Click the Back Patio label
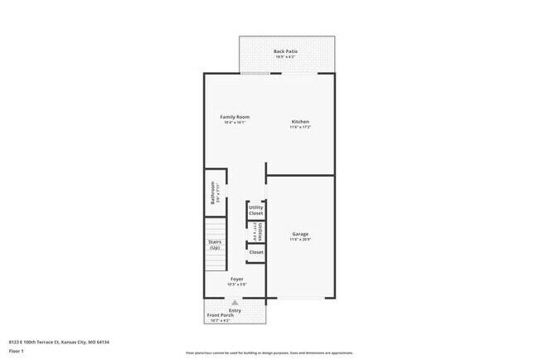click(285, 51)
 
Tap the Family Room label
click(235, 117)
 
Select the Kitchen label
click(300, 122)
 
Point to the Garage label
click(300, 234)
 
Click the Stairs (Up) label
click(215, 246)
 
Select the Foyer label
click(236, 280)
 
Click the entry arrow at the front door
click(236, 304)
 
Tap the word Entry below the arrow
click(236, 310)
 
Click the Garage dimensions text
click(300, 240)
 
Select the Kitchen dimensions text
click(300, 128)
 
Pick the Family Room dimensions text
click(235, 123)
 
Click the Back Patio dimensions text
click(285, 57)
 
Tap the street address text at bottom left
click(59, 341)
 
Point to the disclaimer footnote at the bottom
click(269, 351)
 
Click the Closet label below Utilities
click(256, 252)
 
